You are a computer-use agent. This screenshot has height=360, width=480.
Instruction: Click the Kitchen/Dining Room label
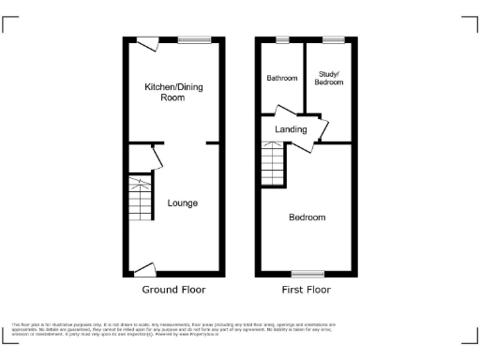click(173, 92)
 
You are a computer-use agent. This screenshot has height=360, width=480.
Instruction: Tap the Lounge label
click(182, 202)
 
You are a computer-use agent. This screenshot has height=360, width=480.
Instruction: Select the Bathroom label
click(281, 78)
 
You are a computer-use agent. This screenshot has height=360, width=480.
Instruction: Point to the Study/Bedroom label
click(329, 78)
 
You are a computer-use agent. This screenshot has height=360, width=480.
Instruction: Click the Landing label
click(291, 128)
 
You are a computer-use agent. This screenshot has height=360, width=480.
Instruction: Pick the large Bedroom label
click(307, 217)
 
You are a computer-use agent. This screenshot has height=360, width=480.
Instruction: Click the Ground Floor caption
click(173, 290)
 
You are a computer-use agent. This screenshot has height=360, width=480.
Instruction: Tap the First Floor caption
click(306, 290)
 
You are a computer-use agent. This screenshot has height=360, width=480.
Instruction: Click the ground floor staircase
click(139, 199)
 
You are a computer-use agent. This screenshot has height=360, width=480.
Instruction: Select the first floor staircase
click(272, 166)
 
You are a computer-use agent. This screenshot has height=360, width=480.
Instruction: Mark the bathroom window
click(281, 38)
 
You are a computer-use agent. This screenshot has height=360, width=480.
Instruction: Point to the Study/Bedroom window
click(333, 38)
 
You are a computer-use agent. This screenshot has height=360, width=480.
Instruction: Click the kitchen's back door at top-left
click(147, 41)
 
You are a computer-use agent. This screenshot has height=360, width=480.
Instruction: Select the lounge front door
click(143, 270)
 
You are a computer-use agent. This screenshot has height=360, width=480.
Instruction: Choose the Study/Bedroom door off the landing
click(321, 129)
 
